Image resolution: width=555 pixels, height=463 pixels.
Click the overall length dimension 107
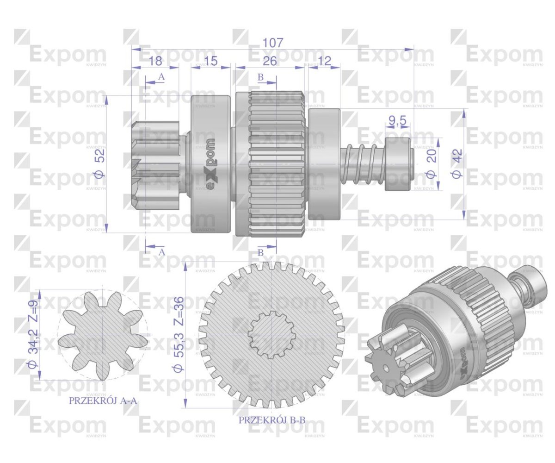pos(272,43)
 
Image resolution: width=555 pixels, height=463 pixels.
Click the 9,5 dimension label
pos(397,121)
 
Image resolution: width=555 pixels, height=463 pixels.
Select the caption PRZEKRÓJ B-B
pos(272,420)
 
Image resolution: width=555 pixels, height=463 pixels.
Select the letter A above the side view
pos(161,77)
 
